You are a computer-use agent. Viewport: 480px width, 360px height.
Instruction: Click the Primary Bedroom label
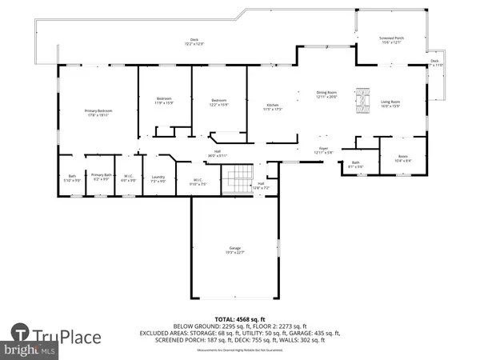pyautogui.click(x=98, y=112)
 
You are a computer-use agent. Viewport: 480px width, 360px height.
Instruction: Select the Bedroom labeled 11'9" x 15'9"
pyautogui.click(x=164, y=101)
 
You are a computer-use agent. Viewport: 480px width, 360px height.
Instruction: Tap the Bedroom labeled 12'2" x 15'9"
pyautogui.click(x=218, y=102)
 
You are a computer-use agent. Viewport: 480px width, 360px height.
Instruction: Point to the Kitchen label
pyautogui.click(x=273, y=106)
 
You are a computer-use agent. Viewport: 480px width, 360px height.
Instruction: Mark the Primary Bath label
pyautogui.click(x=101, y=177)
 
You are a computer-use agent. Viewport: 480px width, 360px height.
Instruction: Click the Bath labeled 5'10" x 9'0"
pyautogui.click(x=71, y=177)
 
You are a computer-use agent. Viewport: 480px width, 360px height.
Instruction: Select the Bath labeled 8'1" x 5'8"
pyautogui.click(x=357, y=165)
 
